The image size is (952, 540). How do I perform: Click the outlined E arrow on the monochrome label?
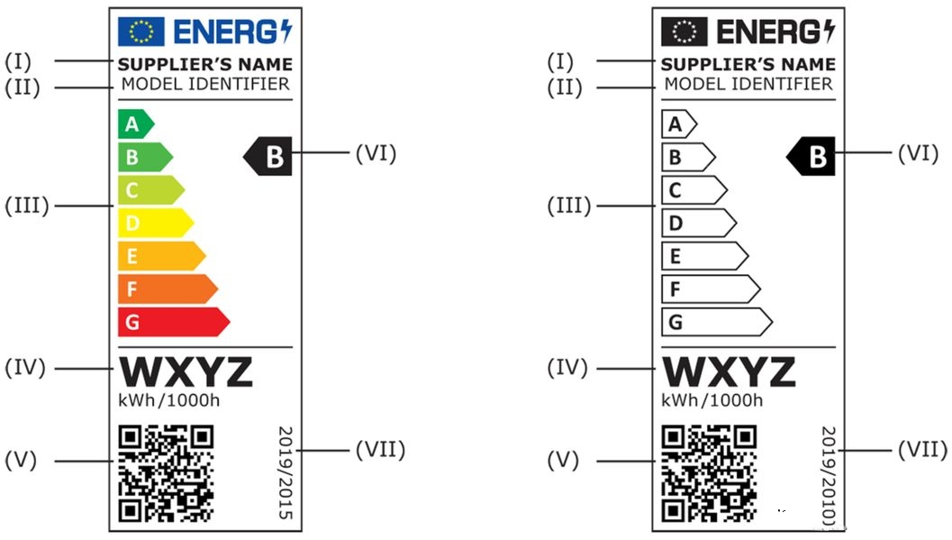point(703,256)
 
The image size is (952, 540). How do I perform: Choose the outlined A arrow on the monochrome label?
point(678,124)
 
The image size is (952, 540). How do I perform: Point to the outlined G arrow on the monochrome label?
point(715,321)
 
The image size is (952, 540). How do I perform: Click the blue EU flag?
point(141,32)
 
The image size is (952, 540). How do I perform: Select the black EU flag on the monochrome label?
point(685,32)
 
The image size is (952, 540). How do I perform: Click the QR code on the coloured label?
point(166,473)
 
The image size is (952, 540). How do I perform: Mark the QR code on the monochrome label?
point(710,473)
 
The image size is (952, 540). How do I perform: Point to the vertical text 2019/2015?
point(286,472)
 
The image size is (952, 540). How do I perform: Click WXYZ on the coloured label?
point(186,371)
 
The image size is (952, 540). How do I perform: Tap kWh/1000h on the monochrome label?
point(712,400)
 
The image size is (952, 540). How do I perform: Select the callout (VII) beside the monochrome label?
point(922,448)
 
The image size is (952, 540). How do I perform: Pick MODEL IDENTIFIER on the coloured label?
point(206,85)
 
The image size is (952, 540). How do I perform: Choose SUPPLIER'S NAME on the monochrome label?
point(748,65)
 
